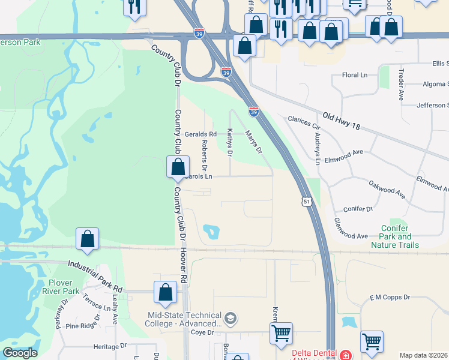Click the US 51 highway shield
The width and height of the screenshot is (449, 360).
coord(307,202)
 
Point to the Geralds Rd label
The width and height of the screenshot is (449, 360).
coord(200,134)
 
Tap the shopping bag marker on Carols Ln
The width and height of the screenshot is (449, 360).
coord(178,169)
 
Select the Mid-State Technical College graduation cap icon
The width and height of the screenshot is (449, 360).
coord(231,317)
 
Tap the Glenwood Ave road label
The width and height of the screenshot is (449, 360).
coord(351,229)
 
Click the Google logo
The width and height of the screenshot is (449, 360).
coord(20,353)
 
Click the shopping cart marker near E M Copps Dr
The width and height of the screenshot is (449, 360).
coord(372,342)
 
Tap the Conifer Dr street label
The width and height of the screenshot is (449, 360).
coord(358,209)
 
